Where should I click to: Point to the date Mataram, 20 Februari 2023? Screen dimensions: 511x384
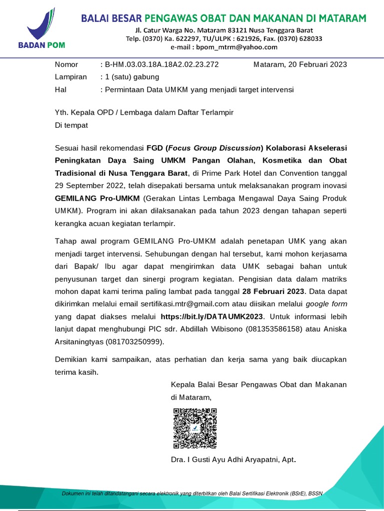(300, 64)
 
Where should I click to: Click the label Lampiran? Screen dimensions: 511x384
(70, 77)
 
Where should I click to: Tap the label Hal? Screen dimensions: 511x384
(60, 90)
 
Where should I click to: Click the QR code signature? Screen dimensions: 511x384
(195, 428)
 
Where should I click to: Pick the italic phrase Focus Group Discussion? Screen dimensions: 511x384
(214, 148)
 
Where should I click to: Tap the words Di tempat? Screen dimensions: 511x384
(71, 125)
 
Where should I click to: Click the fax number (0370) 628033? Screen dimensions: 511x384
(302, 38)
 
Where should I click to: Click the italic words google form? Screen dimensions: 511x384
(326, 303)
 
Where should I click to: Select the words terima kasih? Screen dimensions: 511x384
(76, 372)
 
